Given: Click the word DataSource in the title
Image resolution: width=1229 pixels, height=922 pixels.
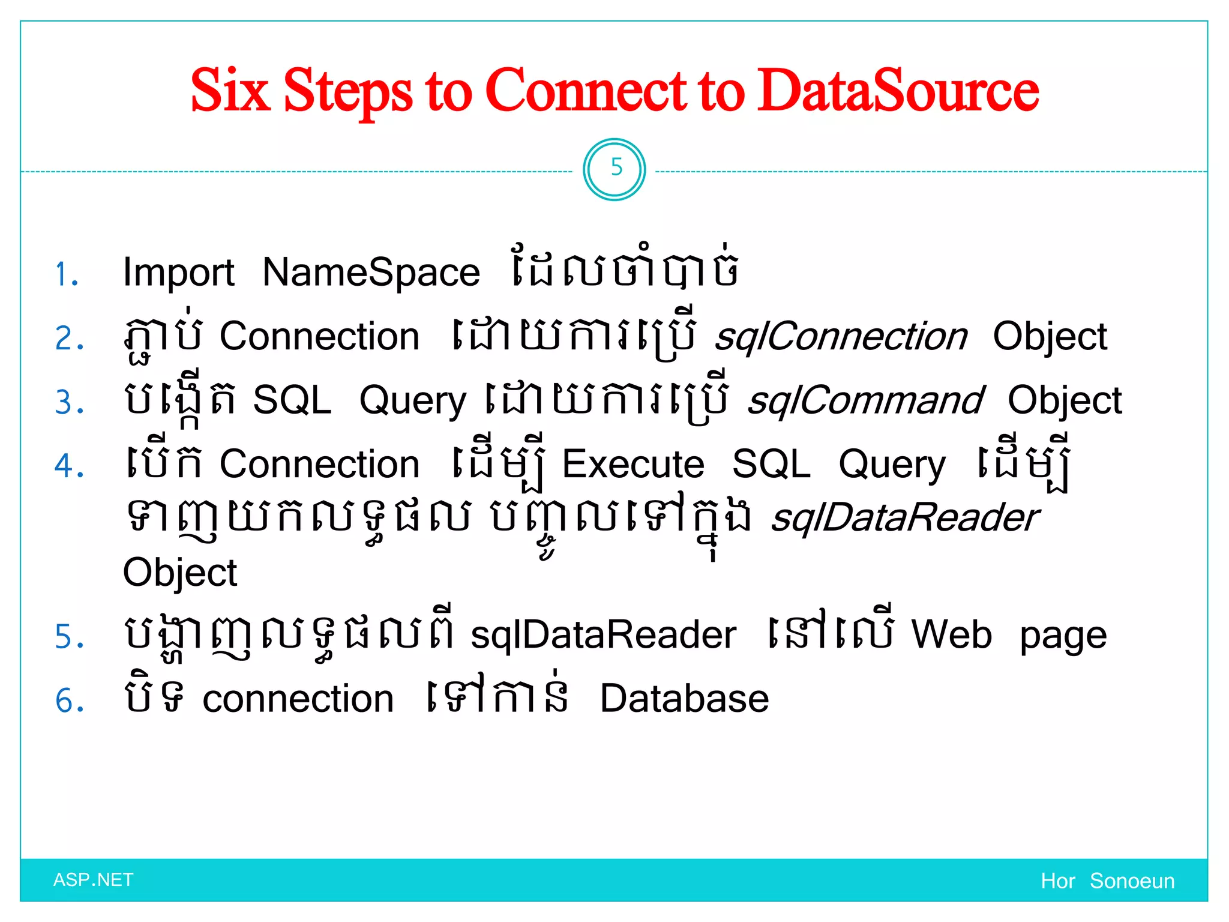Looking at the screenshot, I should (898, 91).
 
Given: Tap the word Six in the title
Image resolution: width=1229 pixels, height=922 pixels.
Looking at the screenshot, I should (229, 91).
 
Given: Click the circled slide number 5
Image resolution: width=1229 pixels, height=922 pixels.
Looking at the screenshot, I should (615, 169).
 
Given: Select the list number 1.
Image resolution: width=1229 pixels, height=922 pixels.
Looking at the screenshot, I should (67, 275).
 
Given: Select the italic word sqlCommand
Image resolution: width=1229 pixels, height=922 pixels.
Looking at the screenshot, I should (865, 401).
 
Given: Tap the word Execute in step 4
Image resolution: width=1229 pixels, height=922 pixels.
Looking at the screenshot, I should (633, 465).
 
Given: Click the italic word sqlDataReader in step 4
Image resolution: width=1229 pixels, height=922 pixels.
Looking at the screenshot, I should (905, 518).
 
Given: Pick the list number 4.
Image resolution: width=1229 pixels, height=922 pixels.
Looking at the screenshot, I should (69, 466).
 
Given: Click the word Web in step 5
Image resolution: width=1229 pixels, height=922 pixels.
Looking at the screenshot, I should (952, 634).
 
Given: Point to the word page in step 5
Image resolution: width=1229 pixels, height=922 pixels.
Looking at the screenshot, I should (1063, 637).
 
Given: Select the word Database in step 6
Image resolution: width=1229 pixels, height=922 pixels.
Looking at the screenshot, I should (684, 699).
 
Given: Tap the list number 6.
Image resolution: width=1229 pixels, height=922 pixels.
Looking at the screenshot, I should (70, 701).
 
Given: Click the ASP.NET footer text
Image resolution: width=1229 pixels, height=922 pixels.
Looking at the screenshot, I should (93, 880).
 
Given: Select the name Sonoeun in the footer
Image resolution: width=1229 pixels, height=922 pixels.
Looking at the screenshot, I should (1132, 881).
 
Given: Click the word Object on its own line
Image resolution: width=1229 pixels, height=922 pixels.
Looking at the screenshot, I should (179, 573).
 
